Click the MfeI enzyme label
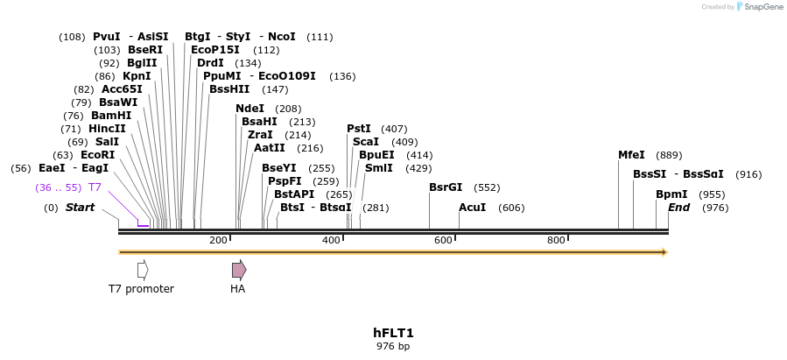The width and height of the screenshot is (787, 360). pyautogui.click(x=631, y=155)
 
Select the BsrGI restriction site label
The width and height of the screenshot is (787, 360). pyautogui.click(x=445, y=187)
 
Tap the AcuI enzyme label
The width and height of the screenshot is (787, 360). pyautogui.click(x=472, y=208)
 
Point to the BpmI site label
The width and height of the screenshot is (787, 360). pyautogui.click(x=671, y=194)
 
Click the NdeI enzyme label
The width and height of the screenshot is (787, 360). pyautogui.click(x=249, y=109)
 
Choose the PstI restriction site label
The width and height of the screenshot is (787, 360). pyautogui.click(x=358, y=129)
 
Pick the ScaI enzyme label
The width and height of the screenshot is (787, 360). pyautogui.click(x=365, y=142)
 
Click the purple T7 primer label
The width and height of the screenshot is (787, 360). pyautogui.click(x=95, y=187)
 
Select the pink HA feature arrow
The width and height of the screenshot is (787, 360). pyautogui.click(x=238, y=270)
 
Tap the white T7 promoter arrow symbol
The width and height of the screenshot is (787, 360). pyautogui.click(x=143, y=270)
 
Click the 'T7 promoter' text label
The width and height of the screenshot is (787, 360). pyautogui.click(x=141, y=289)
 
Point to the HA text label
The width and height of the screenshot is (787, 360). pyautogui.click(x=237, y=289)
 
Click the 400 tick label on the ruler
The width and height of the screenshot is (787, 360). pyautogui.click(x=331, y=240)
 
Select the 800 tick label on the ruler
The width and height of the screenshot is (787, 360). pyautogui.click(x=556, y=240)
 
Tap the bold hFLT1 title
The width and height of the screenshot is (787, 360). pyautogui.click(x=393, y=333)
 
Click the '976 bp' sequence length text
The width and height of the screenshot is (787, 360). pyautogui.click(x=393, y=347)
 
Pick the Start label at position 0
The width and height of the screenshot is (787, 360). pyautogui.click(x=80, y=208)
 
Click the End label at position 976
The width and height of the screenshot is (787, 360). pyautogui.click(x=678, y=208)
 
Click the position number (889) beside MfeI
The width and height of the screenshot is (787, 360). pyautogui.click(x=669, y=155)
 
